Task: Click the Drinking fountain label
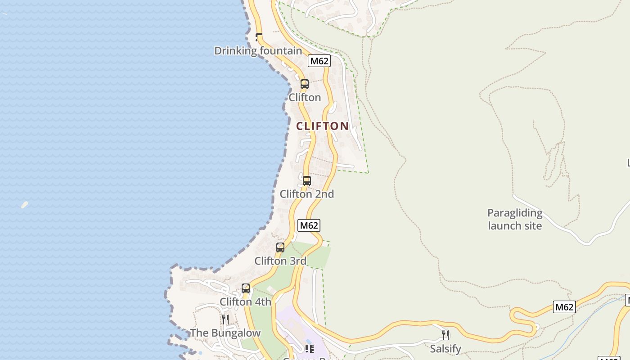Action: tap(258, 51)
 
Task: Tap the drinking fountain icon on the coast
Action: tap(259, 37)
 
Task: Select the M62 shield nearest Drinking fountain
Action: tap(319, 61)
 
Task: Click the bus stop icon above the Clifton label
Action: tap(305, 84)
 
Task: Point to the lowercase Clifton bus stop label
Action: tap(305, 98)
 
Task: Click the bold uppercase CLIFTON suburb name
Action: tap(322, 126)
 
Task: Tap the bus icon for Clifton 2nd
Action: tap(307, 181)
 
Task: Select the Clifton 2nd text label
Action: tap(307, 194)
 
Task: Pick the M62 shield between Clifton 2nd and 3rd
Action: tap(309, 225)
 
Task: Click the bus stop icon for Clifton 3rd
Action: tap(280, 247)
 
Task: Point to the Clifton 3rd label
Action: tap(280, 261)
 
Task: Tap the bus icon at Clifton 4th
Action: tap(246, 288)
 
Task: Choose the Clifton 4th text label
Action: tap(245, 302)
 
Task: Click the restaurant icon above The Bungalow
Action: tap(225, 319)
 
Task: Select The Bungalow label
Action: tap(225, 333)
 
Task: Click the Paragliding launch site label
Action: tap(515, 219)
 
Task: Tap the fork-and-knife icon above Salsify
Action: tap(445, 335)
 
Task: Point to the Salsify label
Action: tap(445, 349)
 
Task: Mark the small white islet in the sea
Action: tap(24, 205)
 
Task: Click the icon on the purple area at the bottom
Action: tap(309, 349)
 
